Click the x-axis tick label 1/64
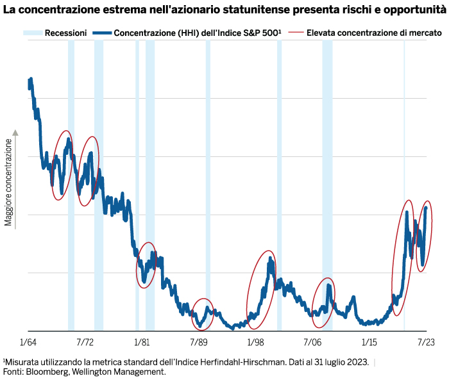(28, 343)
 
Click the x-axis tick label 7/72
(85, 343)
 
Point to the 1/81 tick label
(142, 343)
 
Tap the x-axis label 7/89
(199, 343)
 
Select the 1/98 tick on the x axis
(255, 343)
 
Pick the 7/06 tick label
(312, 343)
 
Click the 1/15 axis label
(369, 343)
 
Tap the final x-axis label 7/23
(426, 343)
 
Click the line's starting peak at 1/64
(30, 81)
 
